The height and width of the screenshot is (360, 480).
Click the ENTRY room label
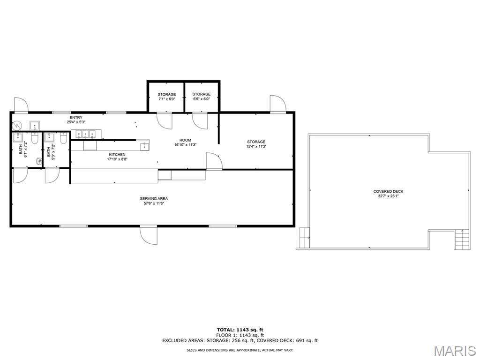click(x=76, y=118)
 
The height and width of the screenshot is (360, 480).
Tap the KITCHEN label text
click(x=117, y=155)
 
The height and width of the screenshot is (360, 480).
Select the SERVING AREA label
click(x=154, y=198)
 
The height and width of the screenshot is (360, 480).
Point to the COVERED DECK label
click(x=388, y=191)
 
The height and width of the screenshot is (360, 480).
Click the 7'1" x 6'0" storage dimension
click(x=167, y=99)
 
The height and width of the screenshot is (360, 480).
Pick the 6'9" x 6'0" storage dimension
click(x=202, y=99)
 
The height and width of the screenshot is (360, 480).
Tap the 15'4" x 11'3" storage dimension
click(x=256, y=146)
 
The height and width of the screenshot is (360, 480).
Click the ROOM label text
click(x=185, y=140)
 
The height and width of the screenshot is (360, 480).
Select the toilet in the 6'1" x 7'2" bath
click(x=35, y=138)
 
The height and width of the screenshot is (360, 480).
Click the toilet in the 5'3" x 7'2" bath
click(x=63, y=138)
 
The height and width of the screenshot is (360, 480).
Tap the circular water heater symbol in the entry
click(x=17, y=125)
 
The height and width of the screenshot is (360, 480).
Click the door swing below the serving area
click(x=149, y=235)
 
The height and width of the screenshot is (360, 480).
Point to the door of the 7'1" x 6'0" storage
click(x=165, y=121)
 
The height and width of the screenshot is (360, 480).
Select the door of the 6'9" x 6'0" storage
click(x=200, y=121)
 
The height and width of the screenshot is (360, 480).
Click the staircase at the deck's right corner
click(x=462, y=240)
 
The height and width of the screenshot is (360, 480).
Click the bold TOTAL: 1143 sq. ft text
click(x=240, y=330)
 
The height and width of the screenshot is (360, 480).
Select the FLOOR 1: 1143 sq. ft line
click(x=240, y=335)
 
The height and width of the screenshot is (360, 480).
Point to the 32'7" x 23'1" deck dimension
click(x=388, y=196)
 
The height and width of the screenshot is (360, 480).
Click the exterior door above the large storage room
click(x=277, y=104)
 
